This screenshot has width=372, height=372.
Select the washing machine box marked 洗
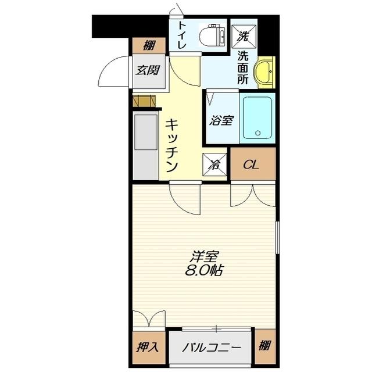pos(242,35)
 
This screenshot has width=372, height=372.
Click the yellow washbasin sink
pos(266,71)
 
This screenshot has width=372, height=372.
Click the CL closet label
pos(251,164)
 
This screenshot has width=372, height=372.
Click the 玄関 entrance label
pos(148,71)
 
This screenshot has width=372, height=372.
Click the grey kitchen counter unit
pos(145,146)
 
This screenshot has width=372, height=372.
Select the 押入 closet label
pos(148,348)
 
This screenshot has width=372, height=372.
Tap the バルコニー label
pos(211,348)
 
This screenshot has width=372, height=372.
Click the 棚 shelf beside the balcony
pos(264,347)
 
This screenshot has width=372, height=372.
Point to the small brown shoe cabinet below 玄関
pos(145,101)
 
